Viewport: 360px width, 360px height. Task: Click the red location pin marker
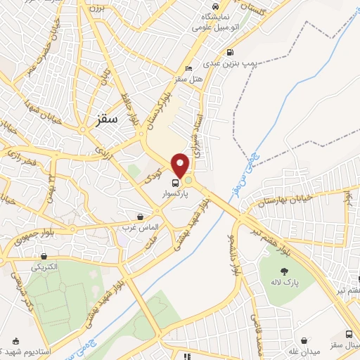point(181,165)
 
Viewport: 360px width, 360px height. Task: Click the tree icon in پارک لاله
point(284,271)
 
